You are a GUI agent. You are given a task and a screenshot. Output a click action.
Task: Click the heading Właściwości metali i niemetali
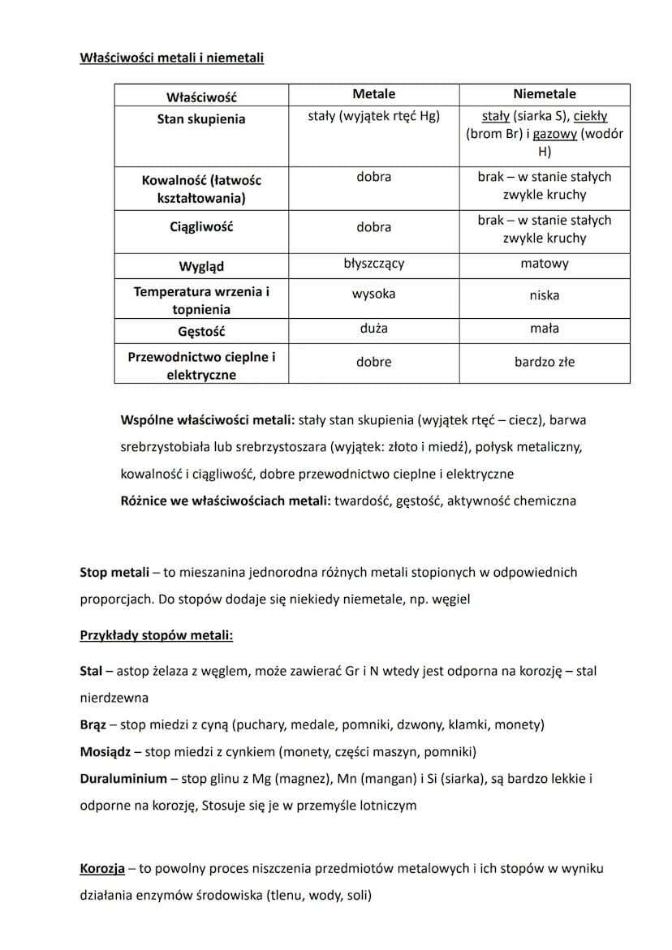point(171,58)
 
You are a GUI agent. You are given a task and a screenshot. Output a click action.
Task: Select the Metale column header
point(373,94)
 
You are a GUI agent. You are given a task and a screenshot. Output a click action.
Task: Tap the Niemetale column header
point(544,94)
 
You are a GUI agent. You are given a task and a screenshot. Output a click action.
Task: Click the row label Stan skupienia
point(200,119)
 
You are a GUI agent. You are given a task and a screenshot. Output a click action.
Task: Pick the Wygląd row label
point(200,266)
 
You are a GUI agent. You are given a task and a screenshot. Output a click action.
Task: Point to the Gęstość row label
point(200,331)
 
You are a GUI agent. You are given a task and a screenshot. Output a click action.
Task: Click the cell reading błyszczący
point(373,264)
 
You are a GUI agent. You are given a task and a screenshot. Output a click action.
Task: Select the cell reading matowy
point(544,264)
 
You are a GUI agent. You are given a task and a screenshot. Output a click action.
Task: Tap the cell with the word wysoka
point(373,294)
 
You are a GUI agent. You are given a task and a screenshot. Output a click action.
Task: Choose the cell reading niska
point(544,295)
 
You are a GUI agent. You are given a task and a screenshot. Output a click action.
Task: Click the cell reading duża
point(373,329)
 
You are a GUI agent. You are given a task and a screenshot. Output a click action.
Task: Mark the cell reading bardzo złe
point(544,362)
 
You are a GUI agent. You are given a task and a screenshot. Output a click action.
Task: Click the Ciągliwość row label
point(200,227)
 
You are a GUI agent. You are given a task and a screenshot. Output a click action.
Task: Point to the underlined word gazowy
point(554,134)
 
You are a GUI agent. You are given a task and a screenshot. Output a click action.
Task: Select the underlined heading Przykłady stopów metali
point(156,635)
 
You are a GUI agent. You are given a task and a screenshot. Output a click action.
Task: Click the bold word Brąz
point(92,724)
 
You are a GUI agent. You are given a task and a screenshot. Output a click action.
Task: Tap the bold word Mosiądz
point(105,751)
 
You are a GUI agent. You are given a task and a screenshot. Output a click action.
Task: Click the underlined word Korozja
point(102,869)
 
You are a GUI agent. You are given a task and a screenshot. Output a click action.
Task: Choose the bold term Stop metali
point(114,572)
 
